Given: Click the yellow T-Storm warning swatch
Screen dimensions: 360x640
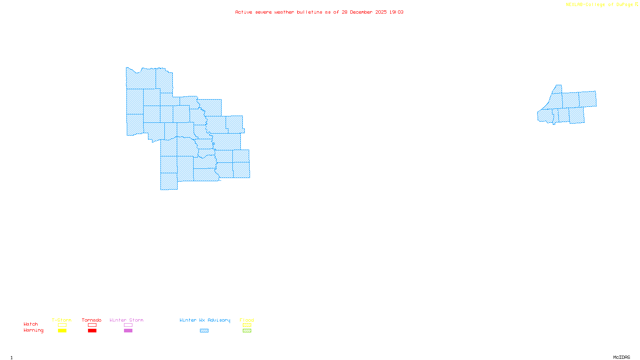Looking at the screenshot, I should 62,331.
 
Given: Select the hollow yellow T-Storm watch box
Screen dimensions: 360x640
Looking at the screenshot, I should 62,325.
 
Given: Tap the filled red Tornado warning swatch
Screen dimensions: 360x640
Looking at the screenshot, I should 92,331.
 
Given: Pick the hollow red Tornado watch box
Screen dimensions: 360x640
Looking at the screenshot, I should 92,325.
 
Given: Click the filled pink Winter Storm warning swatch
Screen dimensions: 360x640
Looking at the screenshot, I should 128,331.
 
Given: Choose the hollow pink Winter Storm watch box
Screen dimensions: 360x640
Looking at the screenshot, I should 128,325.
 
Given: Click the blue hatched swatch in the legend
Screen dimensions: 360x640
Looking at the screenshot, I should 204,331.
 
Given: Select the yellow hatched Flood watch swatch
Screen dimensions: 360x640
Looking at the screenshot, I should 247,325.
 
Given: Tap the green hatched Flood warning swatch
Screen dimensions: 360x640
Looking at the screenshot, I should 247,331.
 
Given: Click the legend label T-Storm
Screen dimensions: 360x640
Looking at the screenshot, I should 62,320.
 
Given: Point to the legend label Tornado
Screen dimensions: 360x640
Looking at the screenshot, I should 92,320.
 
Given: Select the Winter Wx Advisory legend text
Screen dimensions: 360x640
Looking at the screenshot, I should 205,320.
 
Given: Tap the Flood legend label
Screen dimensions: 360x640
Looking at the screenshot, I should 247,320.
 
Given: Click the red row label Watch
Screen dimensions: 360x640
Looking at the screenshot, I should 31,324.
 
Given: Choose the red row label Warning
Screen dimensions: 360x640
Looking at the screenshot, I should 33,330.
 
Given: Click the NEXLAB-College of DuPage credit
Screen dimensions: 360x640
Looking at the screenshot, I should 600,5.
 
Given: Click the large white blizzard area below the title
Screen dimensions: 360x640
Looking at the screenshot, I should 281,25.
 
